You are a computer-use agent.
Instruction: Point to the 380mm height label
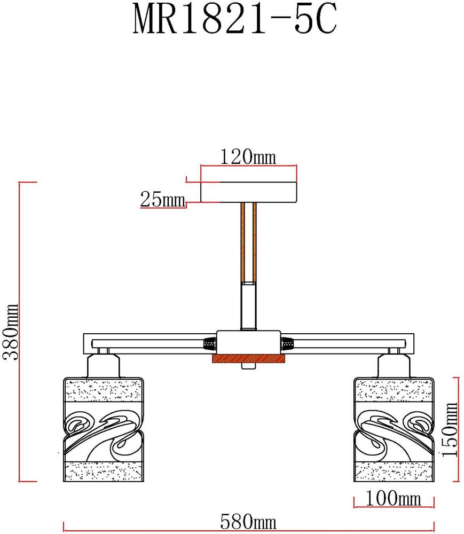pyautogui.click(x=11, y=332)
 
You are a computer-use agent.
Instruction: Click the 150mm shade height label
pyautogui.click(x=451, y=429)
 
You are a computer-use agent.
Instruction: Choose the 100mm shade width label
pyautogui.click(x=394, y=499)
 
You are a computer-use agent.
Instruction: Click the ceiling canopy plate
pyautogui.click(x=248, y=192)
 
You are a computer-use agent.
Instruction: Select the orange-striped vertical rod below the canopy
pyautogui.click(x=248, y=243)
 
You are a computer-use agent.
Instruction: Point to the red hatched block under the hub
pyautogui.click(x=248, y=359)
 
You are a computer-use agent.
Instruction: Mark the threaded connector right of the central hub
pyautogui.click(x=287, y=342)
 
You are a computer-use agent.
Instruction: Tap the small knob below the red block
pyautogui.click(x=248, y=367)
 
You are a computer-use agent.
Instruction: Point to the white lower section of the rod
pyautogui.click(x=248, y=307)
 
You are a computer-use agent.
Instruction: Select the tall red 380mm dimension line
pyautogui.click(x=20, y=332)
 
